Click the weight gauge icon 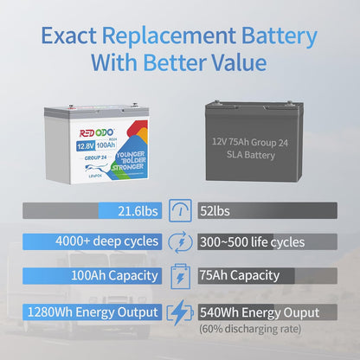180,210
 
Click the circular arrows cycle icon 180,243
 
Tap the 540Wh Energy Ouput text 260,312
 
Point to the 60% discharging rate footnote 248,329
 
